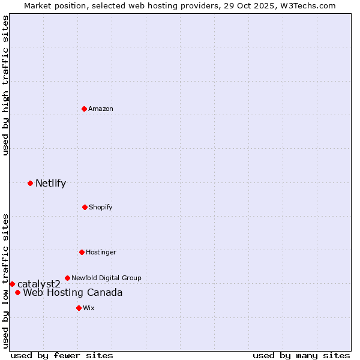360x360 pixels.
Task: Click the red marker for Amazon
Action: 84,109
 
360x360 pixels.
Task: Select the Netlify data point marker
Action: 30,183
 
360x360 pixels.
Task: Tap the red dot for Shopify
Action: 85,207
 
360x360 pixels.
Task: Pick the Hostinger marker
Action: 82,252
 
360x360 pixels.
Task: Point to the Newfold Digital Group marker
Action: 67,278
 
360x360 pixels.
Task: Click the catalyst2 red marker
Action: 12,284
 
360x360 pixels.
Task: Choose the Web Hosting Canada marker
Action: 18,293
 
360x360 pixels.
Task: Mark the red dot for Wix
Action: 79,308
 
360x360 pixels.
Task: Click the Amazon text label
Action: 101,109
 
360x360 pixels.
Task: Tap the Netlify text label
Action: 50,184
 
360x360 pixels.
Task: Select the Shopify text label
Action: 101,207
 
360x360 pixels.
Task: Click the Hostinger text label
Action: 101,252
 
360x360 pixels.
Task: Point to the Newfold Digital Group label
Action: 107,278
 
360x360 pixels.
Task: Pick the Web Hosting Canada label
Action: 73,293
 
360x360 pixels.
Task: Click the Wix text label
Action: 89,308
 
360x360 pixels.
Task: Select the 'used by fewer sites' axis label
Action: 62,356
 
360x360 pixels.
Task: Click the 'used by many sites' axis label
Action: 301,356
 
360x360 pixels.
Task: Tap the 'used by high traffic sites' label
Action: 6,86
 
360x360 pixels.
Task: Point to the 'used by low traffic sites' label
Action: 6,281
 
